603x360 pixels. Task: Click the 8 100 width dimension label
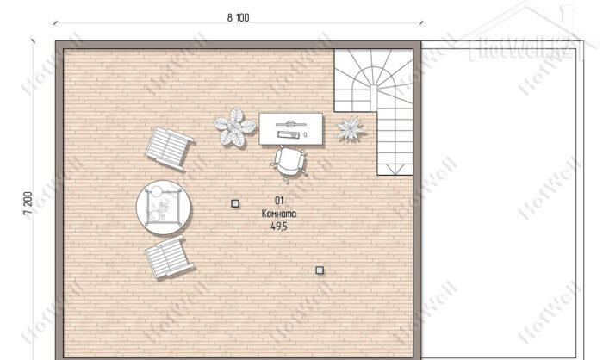(x=238, y=18)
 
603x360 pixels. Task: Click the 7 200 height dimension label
(x=28, y=205)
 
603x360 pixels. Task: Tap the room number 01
(x=279, y=201)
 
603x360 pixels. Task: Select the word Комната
(x=279, y=214)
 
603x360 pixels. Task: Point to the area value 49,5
(x=279, y=227)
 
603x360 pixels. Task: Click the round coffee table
(x=164, y=208)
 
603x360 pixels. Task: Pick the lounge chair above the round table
(x=169, y=148)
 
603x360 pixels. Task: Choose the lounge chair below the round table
(x=169, y=257)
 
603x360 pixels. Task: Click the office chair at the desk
(x=289, y=163)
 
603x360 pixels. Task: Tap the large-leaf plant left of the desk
(x=234, y=127)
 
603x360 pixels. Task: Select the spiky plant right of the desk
(x=350, y=129)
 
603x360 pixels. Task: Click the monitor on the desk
(x=291, y=124)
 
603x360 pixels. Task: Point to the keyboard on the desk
(x=289, y=134)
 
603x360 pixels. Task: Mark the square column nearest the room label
(x=235, y=203)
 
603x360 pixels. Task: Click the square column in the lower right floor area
(x=320, y=270)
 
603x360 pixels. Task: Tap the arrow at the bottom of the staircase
(x=393, y=169)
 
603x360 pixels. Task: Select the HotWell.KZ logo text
(x=525, y=49)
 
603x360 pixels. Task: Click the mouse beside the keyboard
(x=305, y=135)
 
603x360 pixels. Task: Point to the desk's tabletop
(x=291, y=129)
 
